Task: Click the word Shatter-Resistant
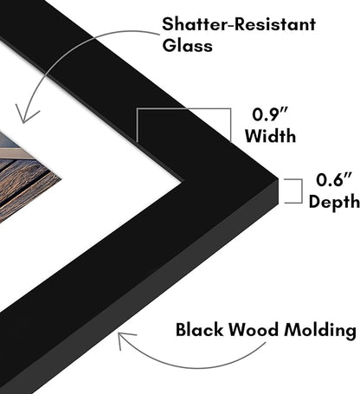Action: click(x=239, y=23)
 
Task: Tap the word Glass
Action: click(x=188, y=45)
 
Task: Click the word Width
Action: click(x=271, y=136)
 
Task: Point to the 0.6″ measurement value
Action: click(x=334, y=179)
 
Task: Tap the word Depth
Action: click(x=334, y=201)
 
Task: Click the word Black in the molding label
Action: click(x=200, y=329)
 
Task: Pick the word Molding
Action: click(x=320, y=330)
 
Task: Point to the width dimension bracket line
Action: click(x=183, y=109)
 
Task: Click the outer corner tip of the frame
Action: click(x=278, y=178)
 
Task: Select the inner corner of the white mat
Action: click(x=182, y=182)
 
